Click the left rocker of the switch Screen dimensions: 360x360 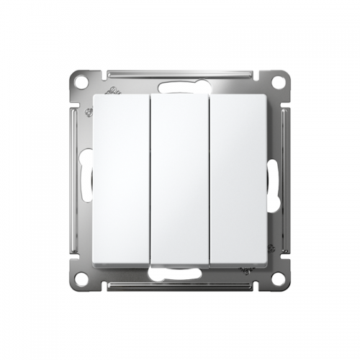tap(121, 179)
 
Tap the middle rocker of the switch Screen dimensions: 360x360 tap(180, 179)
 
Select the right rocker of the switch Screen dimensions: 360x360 tap(239, 179)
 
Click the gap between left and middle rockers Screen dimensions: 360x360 tap(150, 179)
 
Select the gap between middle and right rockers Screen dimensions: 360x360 tap(210, 179)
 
